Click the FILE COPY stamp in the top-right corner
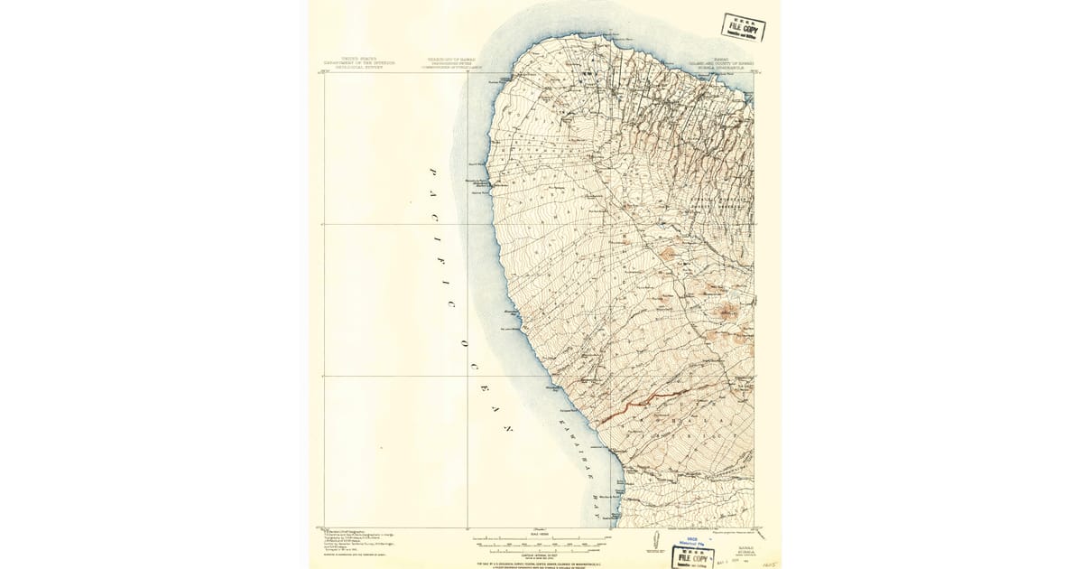[744, 27]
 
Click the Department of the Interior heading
[359, 62]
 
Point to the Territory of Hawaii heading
[457, 62]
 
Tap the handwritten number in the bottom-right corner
[769, 561]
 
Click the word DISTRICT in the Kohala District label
[713, 432]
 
